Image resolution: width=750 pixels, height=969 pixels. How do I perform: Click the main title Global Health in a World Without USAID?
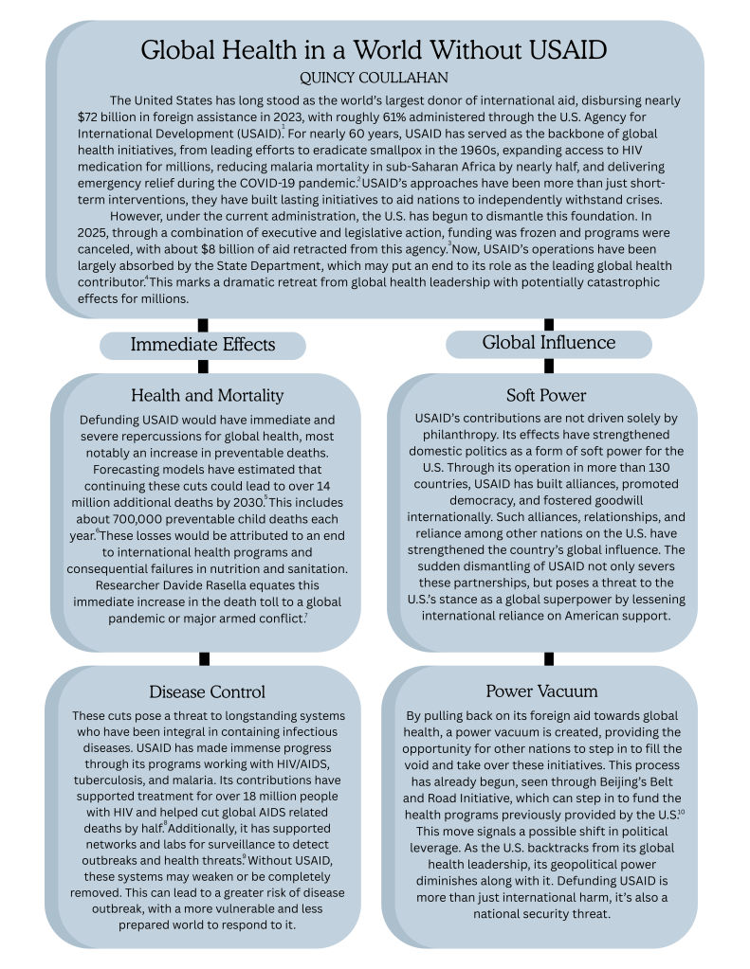(x=374, y=49)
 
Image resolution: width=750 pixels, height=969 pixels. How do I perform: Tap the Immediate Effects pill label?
(x=203, y=345)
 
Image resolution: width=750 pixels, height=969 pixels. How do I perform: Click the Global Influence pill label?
(x=548, y=342)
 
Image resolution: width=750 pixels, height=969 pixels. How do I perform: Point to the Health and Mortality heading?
(x=207, y=395)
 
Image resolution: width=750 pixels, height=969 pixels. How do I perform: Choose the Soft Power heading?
(x=546, y=395)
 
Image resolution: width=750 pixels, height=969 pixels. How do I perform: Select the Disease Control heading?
(x=207, y=691)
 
